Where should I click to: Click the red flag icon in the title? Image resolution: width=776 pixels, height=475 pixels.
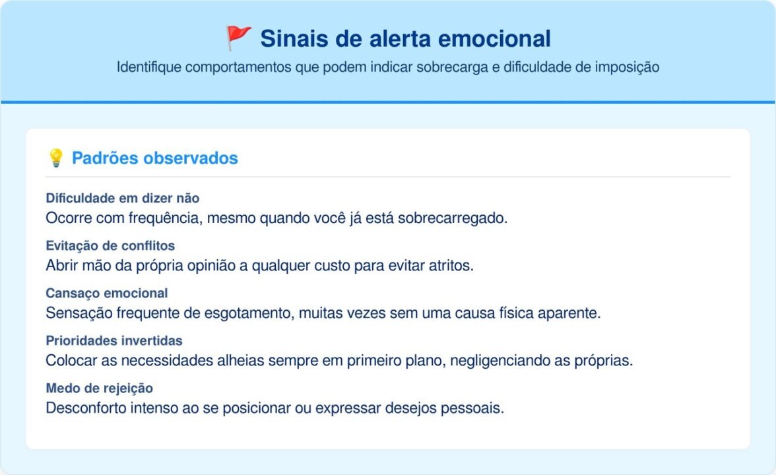(238, 39)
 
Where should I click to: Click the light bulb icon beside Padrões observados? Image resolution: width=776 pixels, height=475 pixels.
(56, 158)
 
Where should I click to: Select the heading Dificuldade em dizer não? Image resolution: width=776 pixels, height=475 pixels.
(123, 198)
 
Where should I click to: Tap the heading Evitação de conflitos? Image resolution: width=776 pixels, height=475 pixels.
(110, 245)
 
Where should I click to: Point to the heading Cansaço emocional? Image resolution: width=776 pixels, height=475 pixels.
(107, 293)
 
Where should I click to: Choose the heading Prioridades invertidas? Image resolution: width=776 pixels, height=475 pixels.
(114, 340)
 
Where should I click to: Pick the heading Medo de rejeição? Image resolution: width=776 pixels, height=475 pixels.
(100, 388)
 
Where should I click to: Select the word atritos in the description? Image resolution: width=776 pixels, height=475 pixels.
(451, 265)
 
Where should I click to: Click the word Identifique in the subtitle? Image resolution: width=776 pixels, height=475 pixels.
(149, 67)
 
